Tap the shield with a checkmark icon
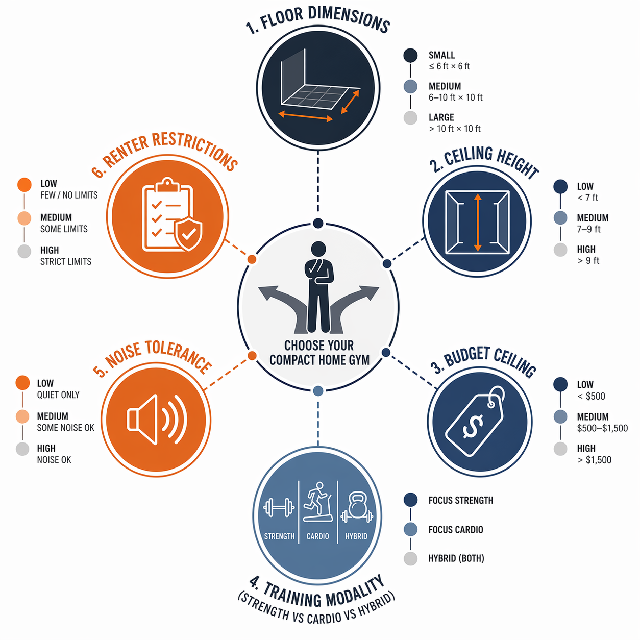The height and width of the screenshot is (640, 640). click(188, 234)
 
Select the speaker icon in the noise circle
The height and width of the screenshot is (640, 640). click(157, 420)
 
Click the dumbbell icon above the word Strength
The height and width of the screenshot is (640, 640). click(279, 507)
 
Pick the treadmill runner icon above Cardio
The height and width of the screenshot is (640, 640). click(317, 502)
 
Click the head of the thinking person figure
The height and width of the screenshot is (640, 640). click(318, 249)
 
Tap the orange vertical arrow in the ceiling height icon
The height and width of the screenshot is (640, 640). click(478, 222)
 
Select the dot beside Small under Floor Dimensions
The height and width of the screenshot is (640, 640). click(410, 56)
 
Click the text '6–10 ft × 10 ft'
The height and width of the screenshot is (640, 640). click(455, 97)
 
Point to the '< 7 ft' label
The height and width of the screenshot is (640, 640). click(587, 198)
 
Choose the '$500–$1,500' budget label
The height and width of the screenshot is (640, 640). click(602, 428)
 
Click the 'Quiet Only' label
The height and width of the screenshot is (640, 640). click(58, 395)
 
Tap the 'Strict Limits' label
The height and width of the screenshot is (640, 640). click(66, 262)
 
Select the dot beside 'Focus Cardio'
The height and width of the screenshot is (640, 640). click(410, 529)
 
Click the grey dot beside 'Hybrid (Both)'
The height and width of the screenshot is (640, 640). click(410, 559)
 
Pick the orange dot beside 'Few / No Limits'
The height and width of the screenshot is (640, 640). click(24, 185)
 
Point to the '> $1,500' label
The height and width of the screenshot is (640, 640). click(594, 460)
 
